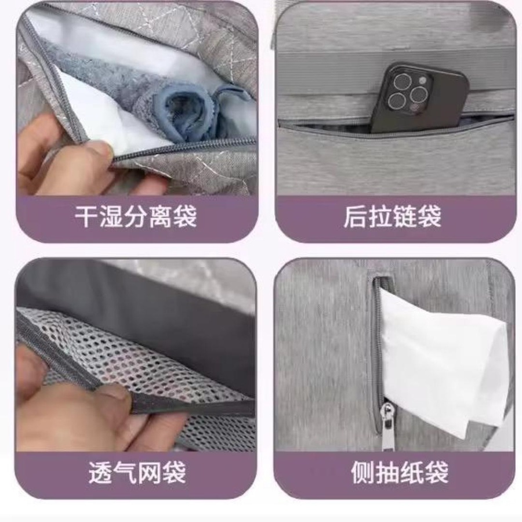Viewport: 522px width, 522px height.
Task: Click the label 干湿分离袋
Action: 136,217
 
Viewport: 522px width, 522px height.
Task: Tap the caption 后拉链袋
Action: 393,217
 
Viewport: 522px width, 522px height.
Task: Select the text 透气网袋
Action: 137,472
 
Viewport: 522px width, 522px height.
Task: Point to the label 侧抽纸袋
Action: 400,472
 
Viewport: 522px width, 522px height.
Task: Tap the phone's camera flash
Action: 422,80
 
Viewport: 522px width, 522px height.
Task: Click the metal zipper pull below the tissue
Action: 388,426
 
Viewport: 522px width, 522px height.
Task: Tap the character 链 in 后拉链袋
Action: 405,217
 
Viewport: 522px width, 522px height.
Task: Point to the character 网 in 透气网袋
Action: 150,472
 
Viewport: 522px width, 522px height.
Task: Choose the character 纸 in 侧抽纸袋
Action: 412,472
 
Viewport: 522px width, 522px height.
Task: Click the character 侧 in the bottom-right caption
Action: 362,472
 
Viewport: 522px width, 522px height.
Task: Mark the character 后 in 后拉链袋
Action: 355,217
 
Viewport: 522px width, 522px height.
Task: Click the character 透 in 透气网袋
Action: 100,472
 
